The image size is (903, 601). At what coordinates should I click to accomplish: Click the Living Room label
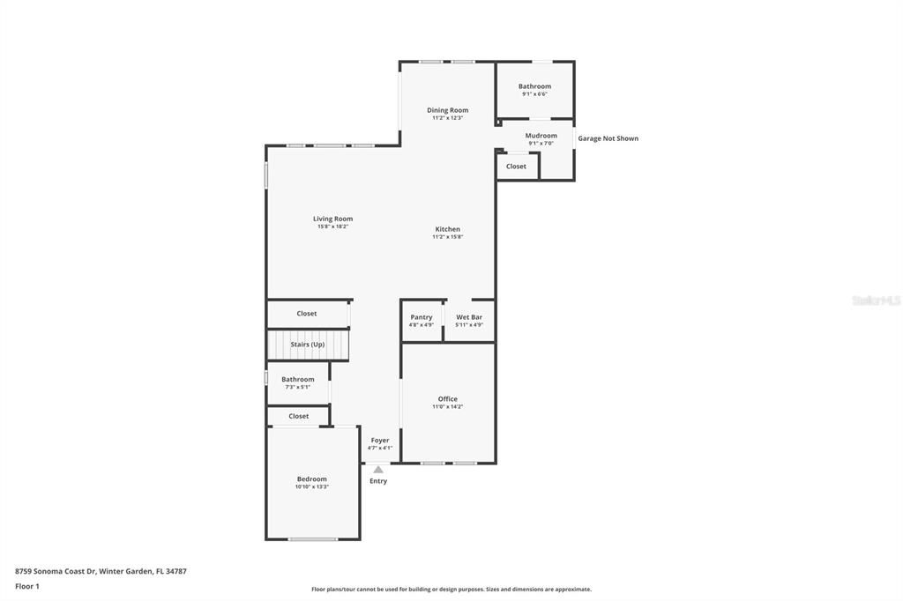(332, 219)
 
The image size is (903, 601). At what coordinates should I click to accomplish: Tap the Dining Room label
(447, 110)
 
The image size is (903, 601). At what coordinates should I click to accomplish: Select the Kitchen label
(447, 229)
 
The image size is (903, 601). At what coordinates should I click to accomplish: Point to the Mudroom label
(541, 136)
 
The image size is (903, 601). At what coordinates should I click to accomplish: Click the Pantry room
(422, 320)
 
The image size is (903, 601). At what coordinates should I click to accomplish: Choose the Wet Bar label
(468, 317)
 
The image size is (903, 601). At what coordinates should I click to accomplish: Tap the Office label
(447, 399)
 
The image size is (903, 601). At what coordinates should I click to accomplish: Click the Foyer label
(379, 441)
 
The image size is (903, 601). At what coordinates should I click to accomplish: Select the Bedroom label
(312, 479)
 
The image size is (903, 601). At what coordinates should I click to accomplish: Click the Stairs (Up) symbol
(308, 345)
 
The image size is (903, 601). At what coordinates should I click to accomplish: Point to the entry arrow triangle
(378, 470)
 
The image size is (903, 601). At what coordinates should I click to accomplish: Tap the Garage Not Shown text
(608, 138)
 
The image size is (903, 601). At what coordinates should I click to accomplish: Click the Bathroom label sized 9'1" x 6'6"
(534, 86)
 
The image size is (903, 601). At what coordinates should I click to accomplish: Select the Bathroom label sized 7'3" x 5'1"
(297, 380)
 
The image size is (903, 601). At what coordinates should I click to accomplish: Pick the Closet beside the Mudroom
(516, 167)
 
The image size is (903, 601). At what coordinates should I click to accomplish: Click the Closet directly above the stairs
(306, 314)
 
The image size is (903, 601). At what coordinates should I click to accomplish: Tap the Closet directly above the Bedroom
(298, 416)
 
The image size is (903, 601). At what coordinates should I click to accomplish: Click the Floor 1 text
(27, 586)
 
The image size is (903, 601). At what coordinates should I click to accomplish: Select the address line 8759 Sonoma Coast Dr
(101, 571)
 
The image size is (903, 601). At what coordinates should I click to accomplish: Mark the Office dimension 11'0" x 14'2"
(447, 407)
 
